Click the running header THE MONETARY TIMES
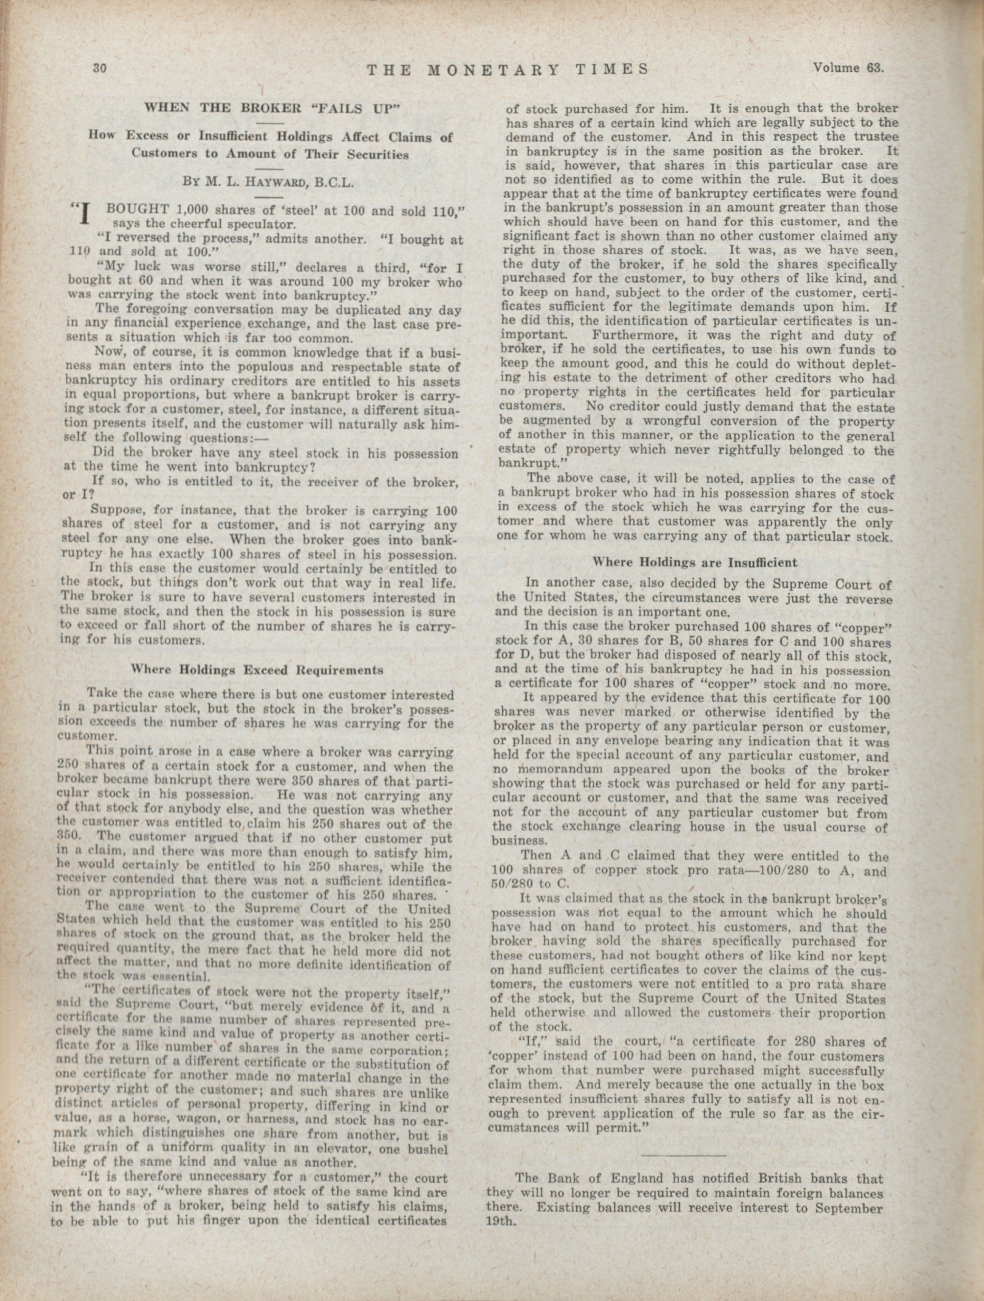507,70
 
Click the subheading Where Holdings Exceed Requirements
257,669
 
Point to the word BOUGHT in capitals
138,209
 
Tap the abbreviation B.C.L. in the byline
334,182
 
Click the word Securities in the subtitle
376,154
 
